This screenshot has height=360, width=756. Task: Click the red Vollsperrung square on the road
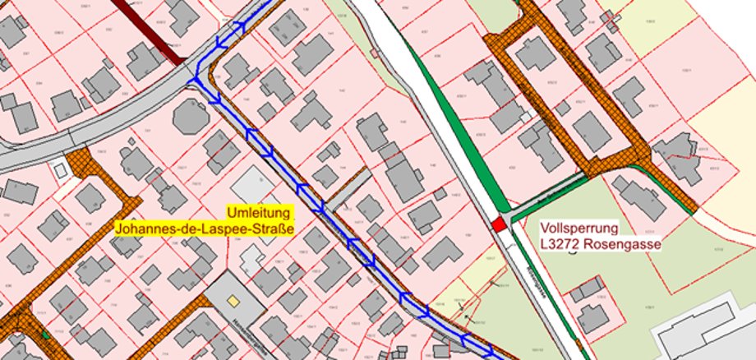click(x=498, y=224)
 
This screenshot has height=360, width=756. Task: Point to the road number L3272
click(x=561, y=243)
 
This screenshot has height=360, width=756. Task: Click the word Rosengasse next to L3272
click(x=625, y=243)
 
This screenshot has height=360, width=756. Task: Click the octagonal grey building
click(x=191, y=118)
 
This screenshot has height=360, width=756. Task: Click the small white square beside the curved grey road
click(x=59, y=170)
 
